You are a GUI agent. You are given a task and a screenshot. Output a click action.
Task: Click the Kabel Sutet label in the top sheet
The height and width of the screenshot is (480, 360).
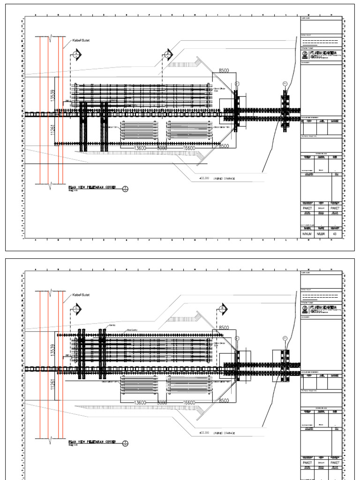[80, 41]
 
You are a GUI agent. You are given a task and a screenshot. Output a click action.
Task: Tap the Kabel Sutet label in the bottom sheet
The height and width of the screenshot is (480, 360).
[80, 295]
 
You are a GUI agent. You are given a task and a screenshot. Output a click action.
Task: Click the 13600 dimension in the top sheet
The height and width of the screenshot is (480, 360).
[140, 148]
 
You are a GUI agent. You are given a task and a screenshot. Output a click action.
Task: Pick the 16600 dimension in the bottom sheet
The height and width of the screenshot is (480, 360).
[189, 403]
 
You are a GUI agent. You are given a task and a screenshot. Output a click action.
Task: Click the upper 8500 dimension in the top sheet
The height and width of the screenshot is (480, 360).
[224, 71]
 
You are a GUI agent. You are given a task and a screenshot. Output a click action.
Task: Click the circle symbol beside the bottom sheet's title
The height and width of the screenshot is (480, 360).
[125, 442]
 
